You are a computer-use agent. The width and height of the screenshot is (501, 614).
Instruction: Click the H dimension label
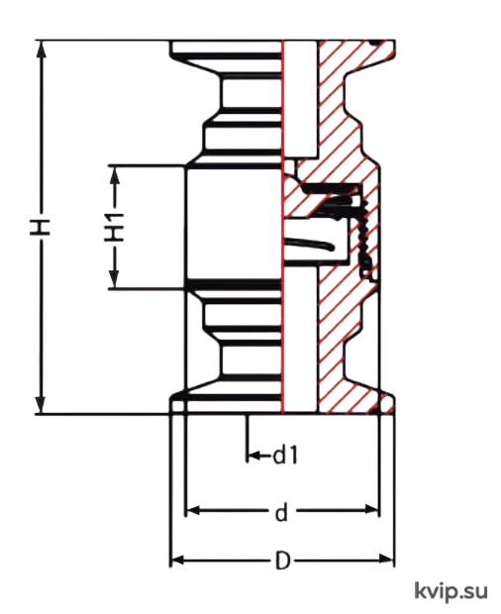(41, 227)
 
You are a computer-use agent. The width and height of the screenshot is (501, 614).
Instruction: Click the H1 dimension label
(114, 227)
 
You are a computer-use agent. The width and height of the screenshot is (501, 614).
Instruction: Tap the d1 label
(286, 456)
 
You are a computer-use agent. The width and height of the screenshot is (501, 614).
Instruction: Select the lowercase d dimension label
(281, 512)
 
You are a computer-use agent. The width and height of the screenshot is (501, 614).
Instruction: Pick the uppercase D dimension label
(282, 561)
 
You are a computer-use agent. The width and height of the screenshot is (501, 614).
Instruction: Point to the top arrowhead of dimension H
(41, 49)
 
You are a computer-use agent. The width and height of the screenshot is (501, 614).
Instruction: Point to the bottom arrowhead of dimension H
(41, 405)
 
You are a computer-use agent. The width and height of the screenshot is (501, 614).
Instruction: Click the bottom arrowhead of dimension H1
(114, 280)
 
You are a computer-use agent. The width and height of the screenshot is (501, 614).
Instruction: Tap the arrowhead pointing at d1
(253, 456)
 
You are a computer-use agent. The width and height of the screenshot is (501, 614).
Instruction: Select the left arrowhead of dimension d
(193, 510)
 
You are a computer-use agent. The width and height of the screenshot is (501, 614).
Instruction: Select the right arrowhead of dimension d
(371, 510)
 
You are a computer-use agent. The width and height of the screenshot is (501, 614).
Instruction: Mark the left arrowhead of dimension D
(178, 561)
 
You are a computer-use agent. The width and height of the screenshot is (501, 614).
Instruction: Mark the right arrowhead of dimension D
(386, 560)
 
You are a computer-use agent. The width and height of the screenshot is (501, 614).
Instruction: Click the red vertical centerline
(282, 227)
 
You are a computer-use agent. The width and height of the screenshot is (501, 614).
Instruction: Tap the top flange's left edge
(170, 48)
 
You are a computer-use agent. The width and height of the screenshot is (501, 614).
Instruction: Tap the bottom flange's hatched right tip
(388, 404)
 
